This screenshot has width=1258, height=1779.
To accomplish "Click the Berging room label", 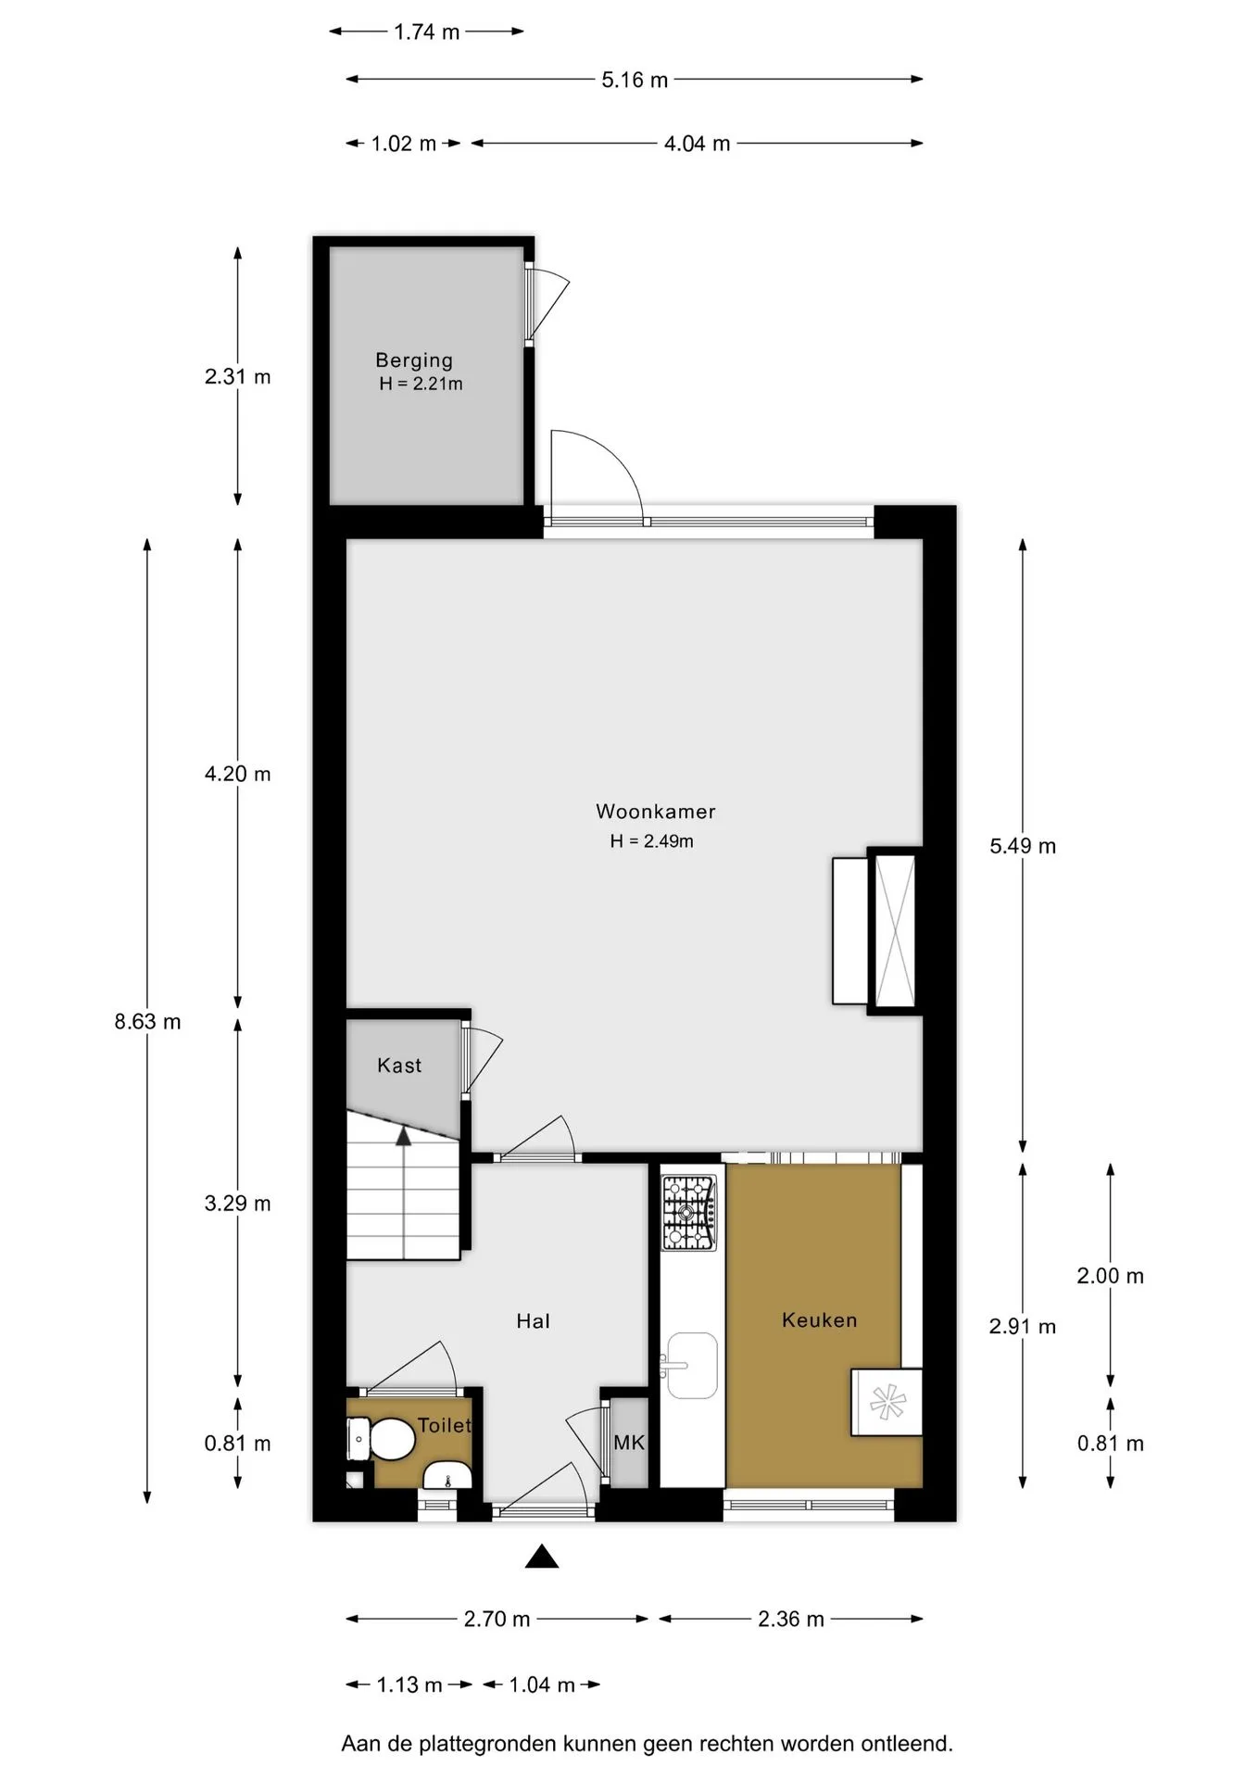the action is coord(414,360).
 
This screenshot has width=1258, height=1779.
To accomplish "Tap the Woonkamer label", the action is coord(656,812).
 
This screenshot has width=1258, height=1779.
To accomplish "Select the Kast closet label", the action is coord(399,1066).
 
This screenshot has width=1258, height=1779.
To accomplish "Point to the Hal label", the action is coord(533,1321).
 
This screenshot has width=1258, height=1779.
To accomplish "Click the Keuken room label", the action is coord(820,1320).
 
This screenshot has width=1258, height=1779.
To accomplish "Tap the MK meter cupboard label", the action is coord(629,1443).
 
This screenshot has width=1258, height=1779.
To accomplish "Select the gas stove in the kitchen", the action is coord(688,1212).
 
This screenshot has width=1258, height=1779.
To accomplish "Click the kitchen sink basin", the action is coord(690,1365).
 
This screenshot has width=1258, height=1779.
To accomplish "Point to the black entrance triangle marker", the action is coord(542,1557).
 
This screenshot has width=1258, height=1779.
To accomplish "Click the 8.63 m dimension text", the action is coord(148,1022).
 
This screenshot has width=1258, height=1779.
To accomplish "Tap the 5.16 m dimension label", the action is coord(635,80).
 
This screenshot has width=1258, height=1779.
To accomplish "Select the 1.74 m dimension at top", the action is coord(427,32).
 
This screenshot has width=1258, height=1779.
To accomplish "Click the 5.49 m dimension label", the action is coord(1023,846).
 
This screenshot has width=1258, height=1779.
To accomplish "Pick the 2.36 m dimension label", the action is coord(791,1619).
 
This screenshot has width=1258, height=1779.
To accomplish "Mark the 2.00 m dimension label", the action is coord(1111,1276).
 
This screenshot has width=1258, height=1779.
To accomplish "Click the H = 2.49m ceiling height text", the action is coord(652,841).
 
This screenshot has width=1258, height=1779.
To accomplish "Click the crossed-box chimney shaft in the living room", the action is coord(895,930).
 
